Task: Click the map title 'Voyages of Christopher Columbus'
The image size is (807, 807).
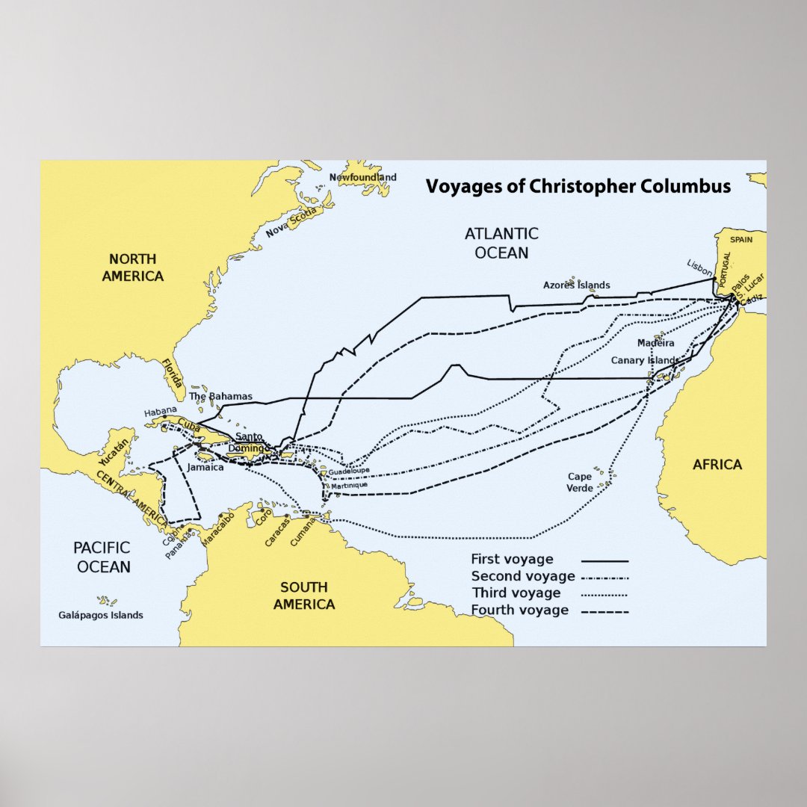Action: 578,186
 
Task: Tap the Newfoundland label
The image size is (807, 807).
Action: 363,177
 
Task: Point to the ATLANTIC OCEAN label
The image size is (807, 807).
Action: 501,243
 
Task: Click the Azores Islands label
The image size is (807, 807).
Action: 576,285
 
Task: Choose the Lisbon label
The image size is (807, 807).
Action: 700,268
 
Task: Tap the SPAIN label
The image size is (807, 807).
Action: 741,240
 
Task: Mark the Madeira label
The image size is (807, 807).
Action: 655,343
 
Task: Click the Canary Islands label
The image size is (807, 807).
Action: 645,360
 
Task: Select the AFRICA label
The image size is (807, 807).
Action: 717,464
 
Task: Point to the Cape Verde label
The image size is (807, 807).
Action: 580,482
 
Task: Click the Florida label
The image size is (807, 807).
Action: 172,377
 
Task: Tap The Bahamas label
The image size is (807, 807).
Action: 220,396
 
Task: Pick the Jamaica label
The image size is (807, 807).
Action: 205,467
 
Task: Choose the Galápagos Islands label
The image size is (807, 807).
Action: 100,615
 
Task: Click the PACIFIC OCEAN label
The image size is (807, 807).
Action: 103,557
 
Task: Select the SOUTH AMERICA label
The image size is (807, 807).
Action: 303,596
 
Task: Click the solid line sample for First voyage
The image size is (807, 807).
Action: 605,560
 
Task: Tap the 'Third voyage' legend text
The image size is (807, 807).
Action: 516,593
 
